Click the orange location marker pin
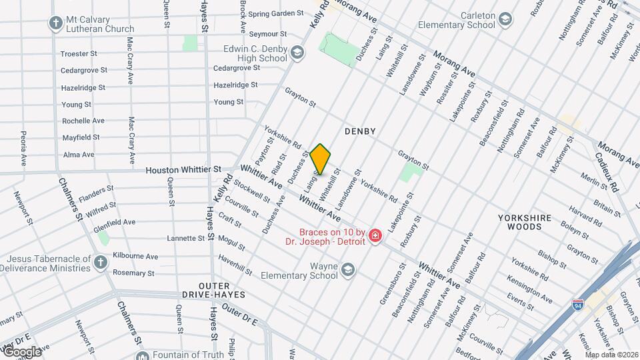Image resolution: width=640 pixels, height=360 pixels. tap(320, 159)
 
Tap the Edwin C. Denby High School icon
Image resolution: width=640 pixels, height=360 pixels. tap(297, 53)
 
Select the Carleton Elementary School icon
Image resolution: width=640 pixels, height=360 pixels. tap(505, 18)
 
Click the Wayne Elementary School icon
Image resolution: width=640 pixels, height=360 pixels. tap(347, 269)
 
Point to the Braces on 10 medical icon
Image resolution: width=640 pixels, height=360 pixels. tap(375, 236)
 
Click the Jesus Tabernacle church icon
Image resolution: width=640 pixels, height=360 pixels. tap(100, 262)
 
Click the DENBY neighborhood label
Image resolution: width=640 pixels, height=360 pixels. tap(360, 131)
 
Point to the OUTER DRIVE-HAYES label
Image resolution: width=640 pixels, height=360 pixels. tap(213, 294)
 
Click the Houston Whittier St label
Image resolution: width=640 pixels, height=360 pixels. tap(183, 170)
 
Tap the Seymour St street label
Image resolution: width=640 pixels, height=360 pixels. tap(268, 33)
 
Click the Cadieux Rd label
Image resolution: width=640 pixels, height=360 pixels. tap(606, 174)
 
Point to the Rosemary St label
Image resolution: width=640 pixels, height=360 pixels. tap(133, 273)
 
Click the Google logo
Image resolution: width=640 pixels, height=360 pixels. tap(22, 351)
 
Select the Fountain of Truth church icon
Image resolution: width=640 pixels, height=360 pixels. tap(143, 355)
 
